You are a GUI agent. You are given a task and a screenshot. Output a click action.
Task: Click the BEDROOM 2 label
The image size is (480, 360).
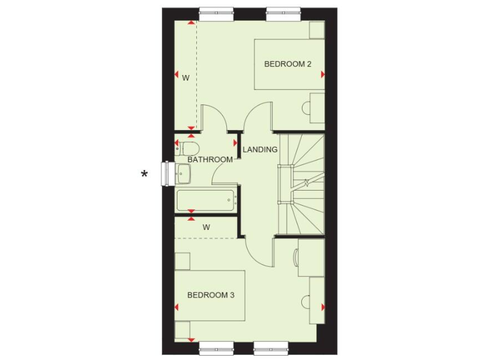[287, 64]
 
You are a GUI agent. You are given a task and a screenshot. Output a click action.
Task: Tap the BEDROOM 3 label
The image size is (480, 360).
[211, 294]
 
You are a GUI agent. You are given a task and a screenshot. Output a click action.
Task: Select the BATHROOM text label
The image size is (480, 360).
[210, 159]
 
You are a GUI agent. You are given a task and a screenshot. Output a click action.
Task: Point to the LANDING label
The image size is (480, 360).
[260, 149]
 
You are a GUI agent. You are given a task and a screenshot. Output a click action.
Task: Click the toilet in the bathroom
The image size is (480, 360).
[189, 148]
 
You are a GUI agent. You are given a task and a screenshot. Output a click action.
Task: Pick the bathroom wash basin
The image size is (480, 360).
[182, 174]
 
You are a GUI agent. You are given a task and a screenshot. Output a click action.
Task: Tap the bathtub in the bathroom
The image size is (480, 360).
[206, 200]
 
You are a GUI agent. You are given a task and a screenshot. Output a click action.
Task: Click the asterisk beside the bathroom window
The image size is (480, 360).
[144, 174]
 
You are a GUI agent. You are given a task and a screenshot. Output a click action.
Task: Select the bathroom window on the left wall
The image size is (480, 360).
[166, 174]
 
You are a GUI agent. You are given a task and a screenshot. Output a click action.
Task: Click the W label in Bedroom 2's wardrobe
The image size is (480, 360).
[186, 78]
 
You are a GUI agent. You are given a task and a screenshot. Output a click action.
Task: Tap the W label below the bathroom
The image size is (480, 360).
[206, 227]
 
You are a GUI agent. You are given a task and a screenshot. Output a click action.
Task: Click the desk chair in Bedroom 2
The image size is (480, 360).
[306, 107]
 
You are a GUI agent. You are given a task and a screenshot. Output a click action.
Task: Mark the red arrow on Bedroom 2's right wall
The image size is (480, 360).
[323, 74]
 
